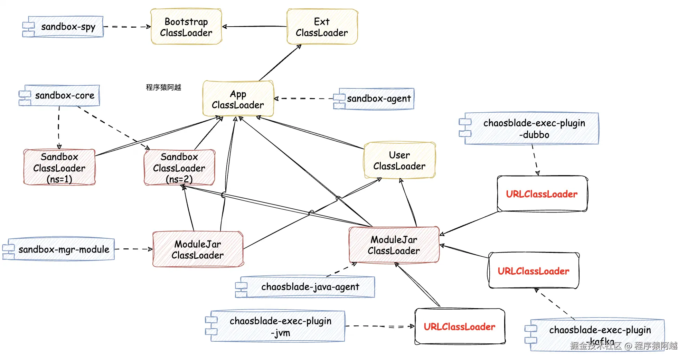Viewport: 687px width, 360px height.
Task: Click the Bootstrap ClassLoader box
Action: (x=186, y=27)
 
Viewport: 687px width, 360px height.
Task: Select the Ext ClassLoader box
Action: (x=322, y=27)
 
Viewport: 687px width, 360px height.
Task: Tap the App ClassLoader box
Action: (x=238, y=99)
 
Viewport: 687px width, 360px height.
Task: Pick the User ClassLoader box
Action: (x=399, y=161)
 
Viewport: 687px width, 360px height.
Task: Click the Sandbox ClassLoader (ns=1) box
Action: (x=59, y=168)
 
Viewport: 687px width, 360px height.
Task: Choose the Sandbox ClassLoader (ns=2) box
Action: (x=179, y=168)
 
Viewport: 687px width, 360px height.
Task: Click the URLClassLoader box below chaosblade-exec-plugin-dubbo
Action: (x=542, y=194)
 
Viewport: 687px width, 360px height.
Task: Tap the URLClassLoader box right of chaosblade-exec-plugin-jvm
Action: (x=460, y=326)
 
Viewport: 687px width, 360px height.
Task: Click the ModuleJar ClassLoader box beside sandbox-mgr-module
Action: (x=198, y=249)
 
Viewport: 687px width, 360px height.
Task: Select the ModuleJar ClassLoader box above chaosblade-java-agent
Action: (x=394, y=245)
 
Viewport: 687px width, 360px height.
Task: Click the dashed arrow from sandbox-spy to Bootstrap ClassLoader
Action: (x=127, y=27)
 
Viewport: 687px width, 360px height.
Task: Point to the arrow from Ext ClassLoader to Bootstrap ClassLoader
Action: (x=254, y=26)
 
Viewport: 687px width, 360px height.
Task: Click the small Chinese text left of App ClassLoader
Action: (x=163, y=87)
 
